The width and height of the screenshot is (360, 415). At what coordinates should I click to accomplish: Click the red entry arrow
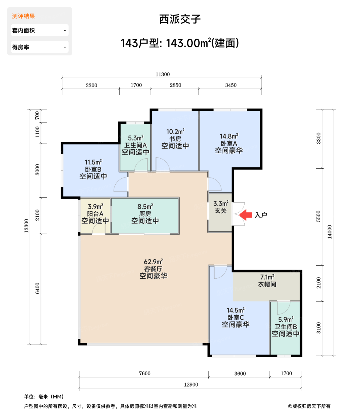point(246,215)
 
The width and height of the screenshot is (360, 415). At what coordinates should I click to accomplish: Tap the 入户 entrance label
point(261,215)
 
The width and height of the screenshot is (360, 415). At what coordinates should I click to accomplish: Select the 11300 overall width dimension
point(163,74)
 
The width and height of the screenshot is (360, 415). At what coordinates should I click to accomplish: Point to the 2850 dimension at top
point(175,85)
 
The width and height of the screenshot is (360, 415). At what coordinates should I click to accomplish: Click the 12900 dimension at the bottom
point(191,385)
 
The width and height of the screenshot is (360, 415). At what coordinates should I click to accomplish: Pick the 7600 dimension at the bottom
point(145,373)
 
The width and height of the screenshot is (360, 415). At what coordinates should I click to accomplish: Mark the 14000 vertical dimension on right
point(330,232)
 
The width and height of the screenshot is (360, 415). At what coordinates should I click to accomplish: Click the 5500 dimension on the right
point(318,216)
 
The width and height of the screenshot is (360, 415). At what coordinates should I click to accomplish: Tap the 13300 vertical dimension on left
point(26,226)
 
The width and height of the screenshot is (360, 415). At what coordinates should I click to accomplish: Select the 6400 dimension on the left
point(37,288)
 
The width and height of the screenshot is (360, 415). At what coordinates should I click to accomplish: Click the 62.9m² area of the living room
point(153,262)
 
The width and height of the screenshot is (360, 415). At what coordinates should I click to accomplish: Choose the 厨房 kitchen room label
point(145,214)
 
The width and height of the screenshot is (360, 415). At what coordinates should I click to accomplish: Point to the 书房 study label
point(175,139)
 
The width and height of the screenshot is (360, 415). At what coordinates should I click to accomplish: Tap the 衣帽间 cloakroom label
point(267,284)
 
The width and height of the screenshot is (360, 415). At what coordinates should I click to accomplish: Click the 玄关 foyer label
point(221,211)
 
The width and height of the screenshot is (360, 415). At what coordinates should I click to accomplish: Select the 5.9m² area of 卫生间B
point(286,319)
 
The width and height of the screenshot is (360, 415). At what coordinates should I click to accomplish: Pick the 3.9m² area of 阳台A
point(95,206)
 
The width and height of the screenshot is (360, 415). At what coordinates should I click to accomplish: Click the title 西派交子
point(180,19)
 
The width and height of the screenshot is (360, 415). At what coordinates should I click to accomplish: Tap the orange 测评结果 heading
point(23,16)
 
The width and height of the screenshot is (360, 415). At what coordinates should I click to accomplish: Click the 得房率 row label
point(21,47)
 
